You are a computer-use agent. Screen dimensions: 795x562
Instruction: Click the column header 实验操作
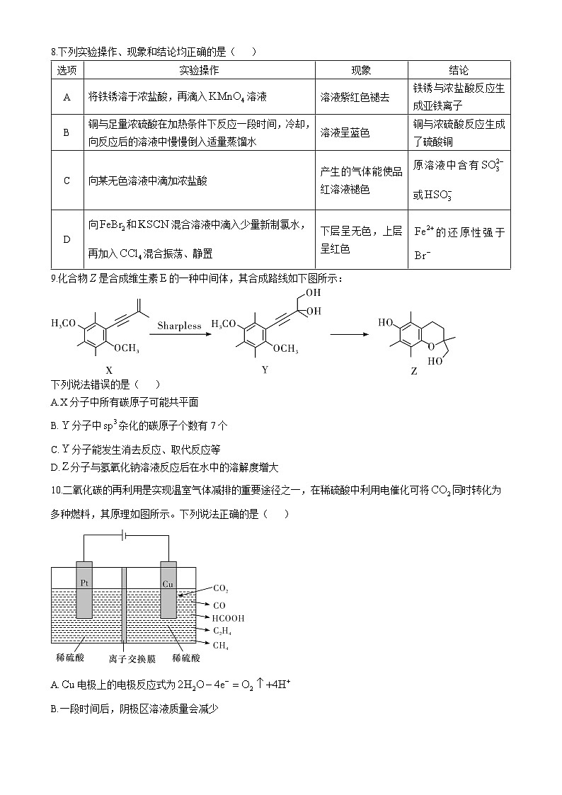pos(199,70)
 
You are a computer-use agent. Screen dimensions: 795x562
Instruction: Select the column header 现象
pos(361,70)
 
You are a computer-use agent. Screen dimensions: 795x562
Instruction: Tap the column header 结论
pos(459,70)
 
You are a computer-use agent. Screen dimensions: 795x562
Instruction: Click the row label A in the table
pos(67,97)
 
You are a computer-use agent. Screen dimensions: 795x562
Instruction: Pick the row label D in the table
pos(67,239)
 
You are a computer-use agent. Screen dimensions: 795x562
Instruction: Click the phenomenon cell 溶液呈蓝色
pos(345,132)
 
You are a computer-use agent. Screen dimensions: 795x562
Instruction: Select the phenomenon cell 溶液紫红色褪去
pos(355,97)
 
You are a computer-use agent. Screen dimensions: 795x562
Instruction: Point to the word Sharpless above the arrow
pos(179,326)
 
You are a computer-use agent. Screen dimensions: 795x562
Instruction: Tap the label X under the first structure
pos(108,370)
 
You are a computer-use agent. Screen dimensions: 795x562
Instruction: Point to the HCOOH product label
pos(229,617)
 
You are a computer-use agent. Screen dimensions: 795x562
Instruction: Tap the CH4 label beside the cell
pos(222,644)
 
